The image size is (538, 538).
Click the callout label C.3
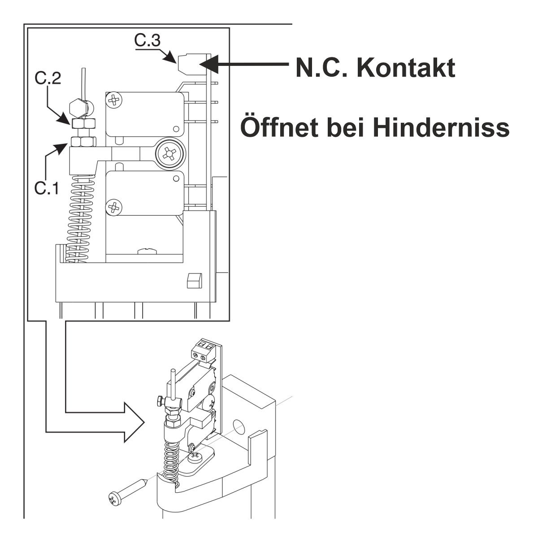pyautogui.click(x=148, y=40)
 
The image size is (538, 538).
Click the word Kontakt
pyautogui.click(x=406, y=68)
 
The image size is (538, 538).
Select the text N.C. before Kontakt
pyautogui.click(x=321, y=68)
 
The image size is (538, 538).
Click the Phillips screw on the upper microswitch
pyautogui.click(x=114, y=100)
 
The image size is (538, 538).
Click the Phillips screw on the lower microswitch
pyautogui.click(x=114, y=207)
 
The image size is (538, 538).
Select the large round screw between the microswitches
pyautogui.click(x=171, y=153)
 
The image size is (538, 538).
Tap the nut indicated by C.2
pyautogui.click(x=83, y=123)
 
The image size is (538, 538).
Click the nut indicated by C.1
pyautogui.click(x=83, y=142)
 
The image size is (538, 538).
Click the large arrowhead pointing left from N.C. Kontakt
pyautogui.click(x=209, y=64)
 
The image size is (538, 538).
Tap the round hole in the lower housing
pyautogui.click(x=238, y=427)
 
